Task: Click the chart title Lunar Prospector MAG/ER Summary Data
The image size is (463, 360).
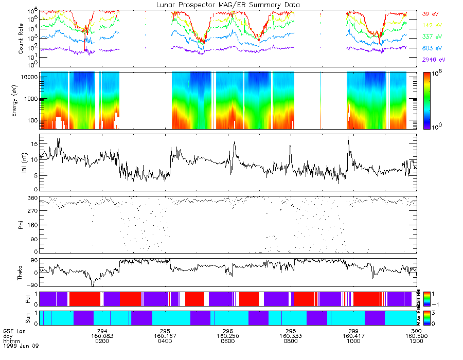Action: [228, 5]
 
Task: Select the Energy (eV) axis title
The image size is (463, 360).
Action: [21, 100]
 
